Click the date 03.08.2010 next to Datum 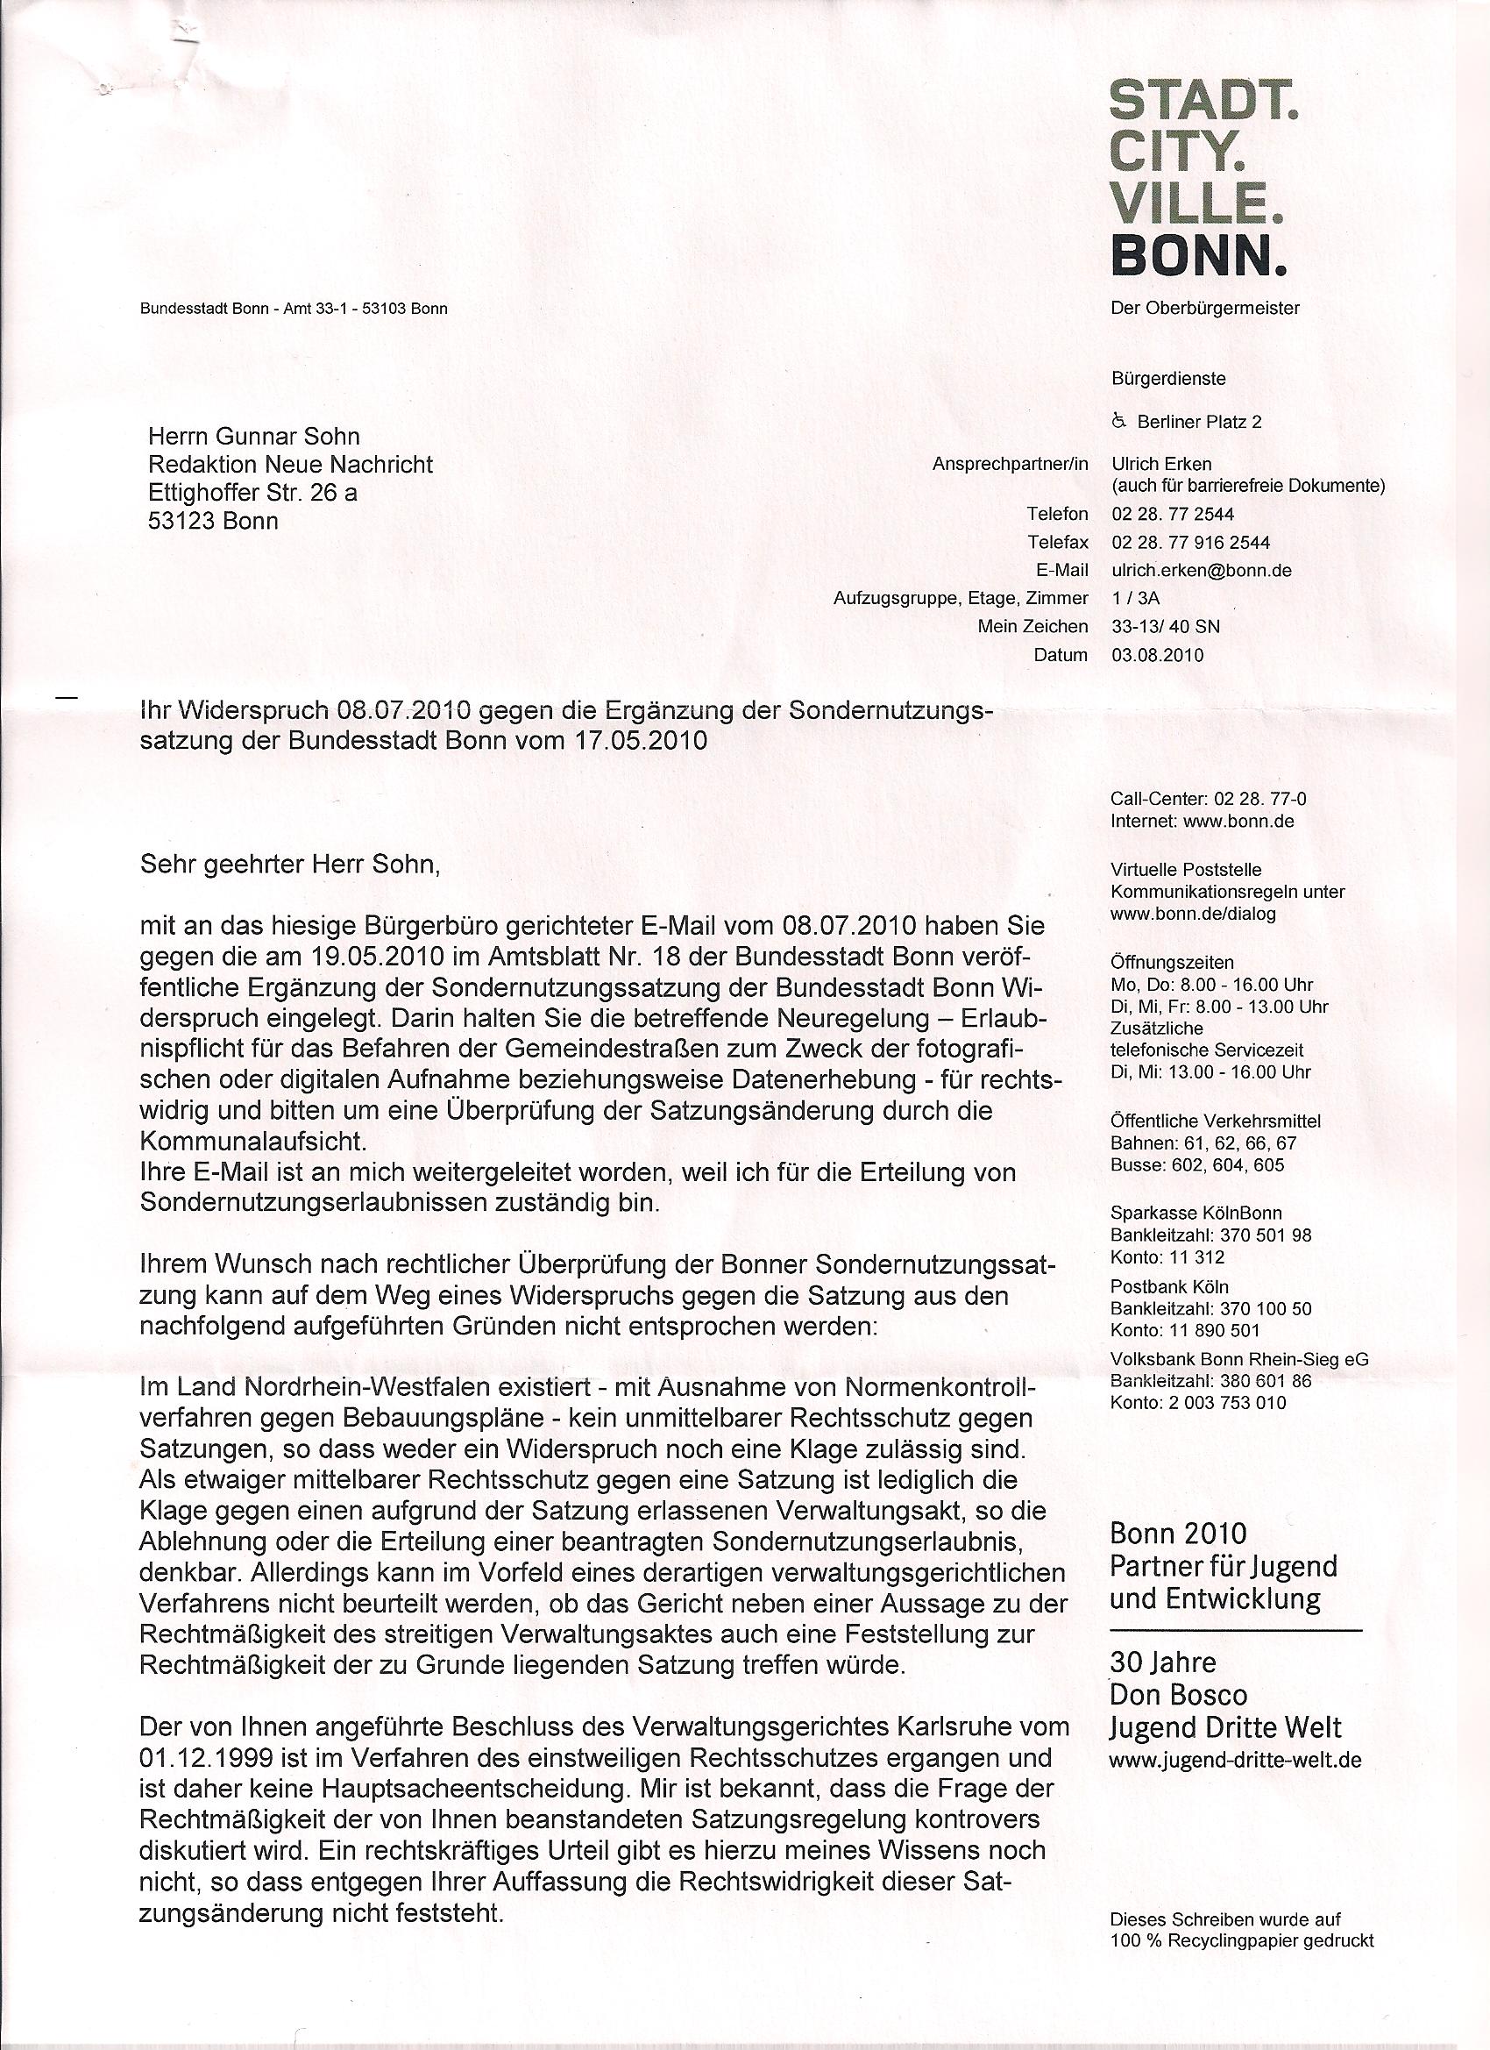[x=1158, y=655]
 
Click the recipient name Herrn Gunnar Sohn [x=254, y=437]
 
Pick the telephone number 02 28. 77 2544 [x=1173, y=515]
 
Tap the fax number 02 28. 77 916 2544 [x=1190, y=543]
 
